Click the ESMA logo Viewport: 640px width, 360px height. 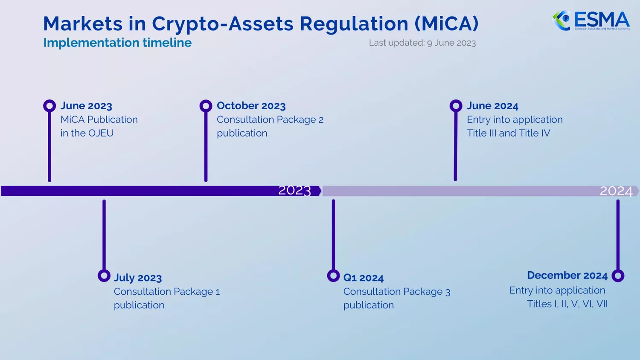(x=591, y=20)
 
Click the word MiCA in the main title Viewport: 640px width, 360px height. (x=447, y=23)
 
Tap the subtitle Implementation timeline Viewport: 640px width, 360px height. (x=117, y=43)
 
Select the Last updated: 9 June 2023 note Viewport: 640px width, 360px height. (x=422, y=43)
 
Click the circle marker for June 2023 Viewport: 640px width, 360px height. (x=49, y=106)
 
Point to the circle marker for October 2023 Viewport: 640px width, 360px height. (x=206, y=106)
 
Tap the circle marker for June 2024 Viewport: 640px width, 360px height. (x=456, y=106)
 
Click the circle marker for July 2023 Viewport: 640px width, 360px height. (x=104, y=276)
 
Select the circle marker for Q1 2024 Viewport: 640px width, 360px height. (x=333, y=276)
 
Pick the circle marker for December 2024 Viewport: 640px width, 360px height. (x=617, y=276)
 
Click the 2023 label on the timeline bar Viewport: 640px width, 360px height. (x=294, y=190)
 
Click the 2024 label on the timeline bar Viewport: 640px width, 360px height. (x=616, y=191)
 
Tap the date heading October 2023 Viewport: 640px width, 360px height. (x=251, y=106)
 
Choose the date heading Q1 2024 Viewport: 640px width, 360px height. (x=363, y=278)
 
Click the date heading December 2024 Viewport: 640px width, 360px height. (x=567, y=276)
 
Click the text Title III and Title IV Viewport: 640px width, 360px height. (x=508, y=133)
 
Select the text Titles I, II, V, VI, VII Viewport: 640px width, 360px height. (x=567, y=304)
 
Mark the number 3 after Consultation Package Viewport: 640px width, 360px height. (x=448, y=292)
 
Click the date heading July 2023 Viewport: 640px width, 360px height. (x=137, y=278)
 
